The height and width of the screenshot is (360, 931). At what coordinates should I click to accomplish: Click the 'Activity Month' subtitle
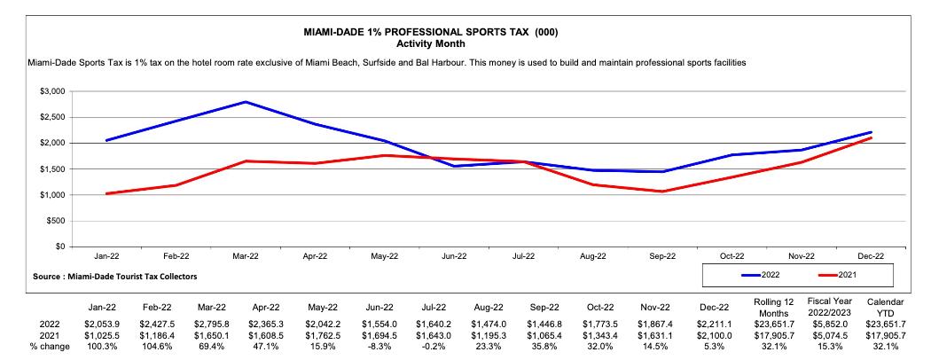(x=430, y=43)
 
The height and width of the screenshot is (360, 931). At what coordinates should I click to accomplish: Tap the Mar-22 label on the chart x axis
(x=246, y=256)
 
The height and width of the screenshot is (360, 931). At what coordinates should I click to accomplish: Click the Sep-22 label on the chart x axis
(x=662, y=256)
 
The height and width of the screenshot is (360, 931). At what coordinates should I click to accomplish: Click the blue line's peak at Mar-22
(x=246, y=102)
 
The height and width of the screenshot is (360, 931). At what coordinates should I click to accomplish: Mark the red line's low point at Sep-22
(x=662, y=192)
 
